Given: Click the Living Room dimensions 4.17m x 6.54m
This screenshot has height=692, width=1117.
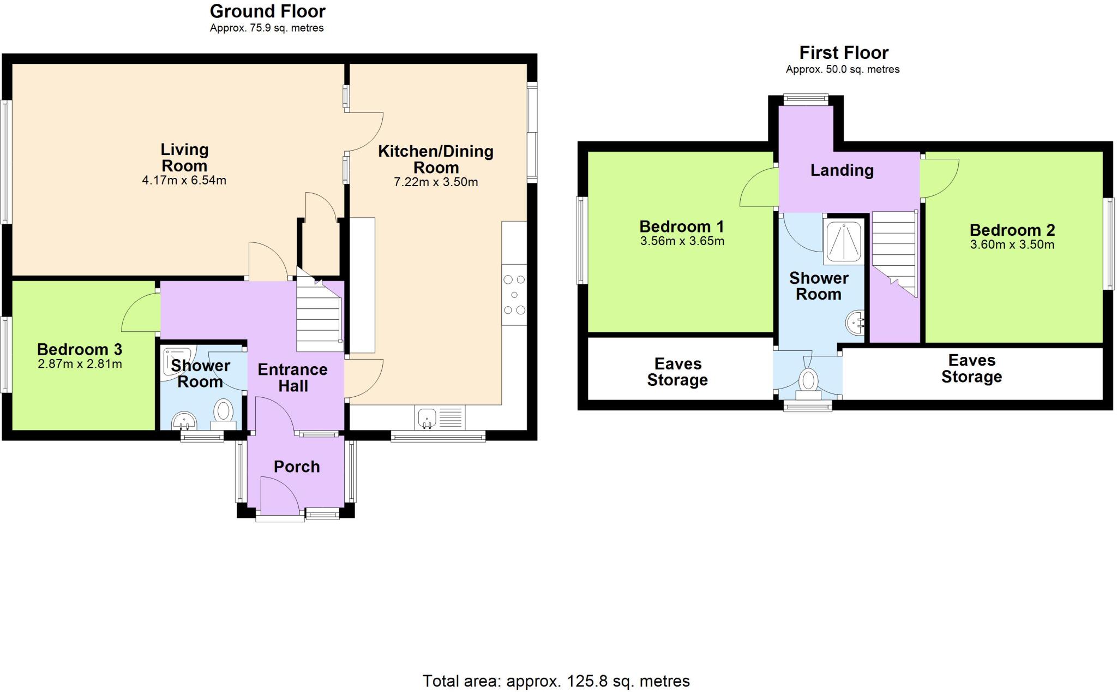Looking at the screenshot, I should tap(184, 181).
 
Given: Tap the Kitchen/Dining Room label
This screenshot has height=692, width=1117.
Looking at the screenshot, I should tap(435, 159).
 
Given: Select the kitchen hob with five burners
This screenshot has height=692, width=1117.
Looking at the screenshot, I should tap(514, 295).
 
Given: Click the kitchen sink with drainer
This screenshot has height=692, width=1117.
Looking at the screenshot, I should tap(440, 419).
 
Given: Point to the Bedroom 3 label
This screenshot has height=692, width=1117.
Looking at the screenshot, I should tap(80, 349).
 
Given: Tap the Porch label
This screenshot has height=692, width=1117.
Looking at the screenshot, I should tap(296, 467).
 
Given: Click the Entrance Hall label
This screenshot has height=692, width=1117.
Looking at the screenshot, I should tap(293, 378).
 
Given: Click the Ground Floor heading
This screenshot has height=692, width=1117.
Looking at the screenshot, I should tap(267, 11).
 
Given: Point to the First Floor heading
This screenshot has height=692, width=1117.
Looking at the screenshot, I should tap(843, 52).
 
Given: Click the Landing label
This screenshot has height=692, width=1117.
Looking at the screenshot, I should tap(842, 170).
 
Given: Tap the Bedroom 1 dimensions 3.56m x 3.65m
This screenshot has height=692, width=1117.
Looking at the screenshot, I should tap(682, 241).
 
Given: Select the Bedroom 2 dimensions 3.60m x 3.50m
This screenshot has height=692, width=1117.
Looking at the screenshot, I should tap(1012, 244).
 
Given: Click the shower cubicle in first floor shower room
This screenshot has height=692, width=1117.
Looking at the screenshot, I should tap(844, 241).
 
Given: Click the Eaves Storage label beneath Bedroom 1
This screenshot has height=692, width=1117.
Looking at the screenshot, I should tap(677, 372).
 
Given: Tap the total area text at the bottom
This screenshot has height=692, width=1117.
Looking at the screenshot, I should tap(556, 681).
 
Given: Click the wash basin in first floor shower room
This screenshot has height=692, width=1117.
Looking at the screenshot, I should tap(855, 323).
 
